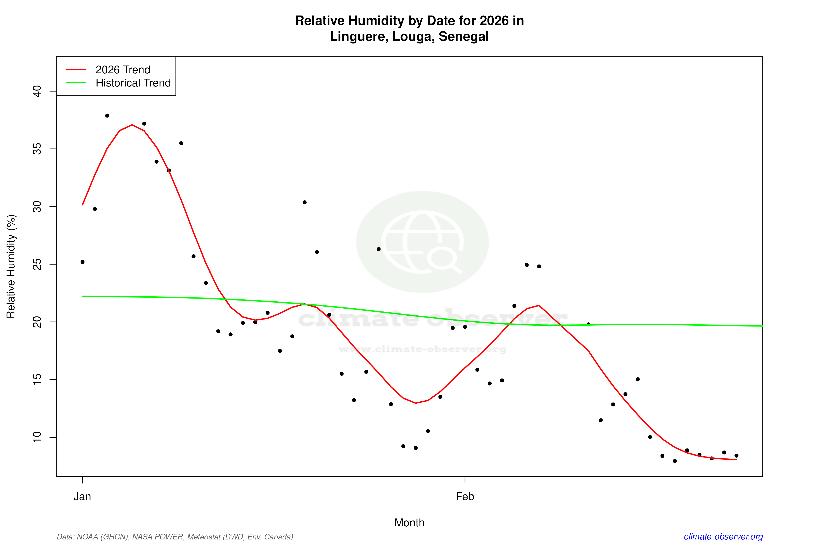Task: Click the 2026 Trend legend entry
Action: click(123, 70)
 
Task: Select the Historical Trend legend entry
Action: click(133, 83)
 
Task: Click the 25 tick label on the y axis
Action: click(36, 264)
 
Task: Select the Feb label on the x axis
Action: click(465, 497)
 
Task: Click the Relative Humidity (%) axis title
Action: click(11, 266)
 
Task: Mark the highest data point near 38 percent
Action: click(107, 116)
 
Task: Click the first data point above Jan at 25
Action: click(83, 262)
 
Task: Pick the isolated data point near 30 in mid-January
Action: click(305, 202)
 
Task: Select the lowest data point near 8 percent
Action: click(675, 461)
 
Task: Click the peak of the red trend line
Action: click(132, 125)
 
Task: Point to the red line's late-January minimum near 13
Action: click(416, 403)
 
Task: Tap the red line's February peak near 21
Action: click(539, 305)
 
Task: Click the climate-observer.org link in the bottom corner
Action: click(723, 537)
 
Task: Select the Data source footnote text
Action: click(175, 537)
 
